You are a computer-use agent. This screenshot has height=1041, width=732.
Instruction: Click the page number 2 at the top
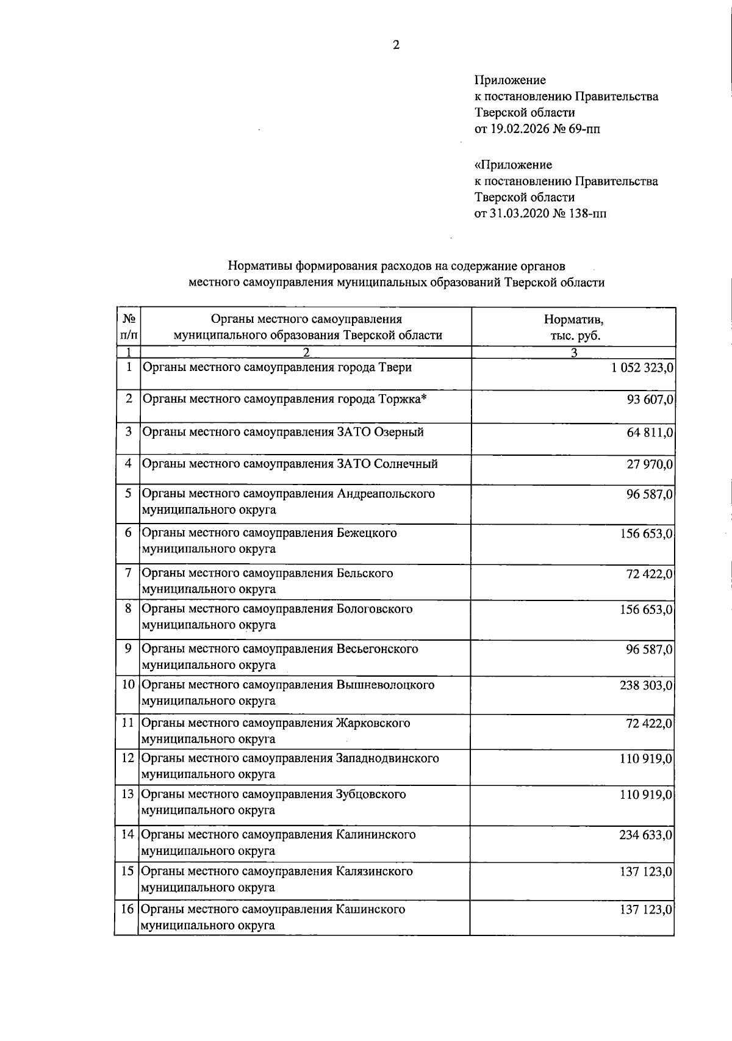point(396,45)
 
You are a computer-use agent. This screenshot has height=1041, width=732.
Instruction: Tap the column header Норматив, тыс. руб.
point(573,327)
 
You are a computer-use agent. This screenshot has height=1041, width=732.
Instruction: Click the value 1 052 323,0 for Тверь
point(638,368)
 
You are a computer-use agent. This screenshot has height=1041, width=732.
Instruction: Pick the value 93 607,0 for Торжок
point(650,400)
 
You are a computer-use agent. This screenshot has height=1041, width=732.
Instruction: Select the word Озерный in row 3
point(398,432)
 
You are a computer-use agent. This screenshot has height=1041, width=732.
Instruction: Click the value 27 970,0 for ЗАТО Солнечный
point(650,464)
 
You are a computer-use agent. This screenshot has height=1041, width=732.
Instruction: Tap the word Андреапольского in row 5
point(386,493)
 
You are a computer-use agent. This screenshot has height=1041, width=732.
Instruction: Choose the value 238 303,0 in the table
point(646,685)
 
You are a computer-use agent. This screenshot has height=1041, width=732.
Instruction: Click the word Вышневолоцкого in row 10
point(386,685)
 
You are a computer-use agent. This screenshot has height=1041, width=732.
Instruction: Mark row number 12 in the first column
point(127,758)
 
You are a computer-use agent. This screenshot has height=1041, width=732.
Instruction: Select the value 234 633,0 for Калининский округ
point(646,835)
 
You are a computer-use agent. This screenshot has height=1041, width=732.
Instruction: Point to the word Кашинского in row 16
point(370,909)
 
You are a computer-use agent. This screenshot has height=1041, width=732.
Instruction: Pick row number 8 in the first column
point(128,609)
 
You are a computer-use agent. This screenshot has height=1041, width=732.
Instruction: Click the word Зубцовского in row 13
point(371,794)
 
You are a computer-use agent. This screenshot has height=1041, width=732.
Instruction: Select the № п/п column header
point(129,327)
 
